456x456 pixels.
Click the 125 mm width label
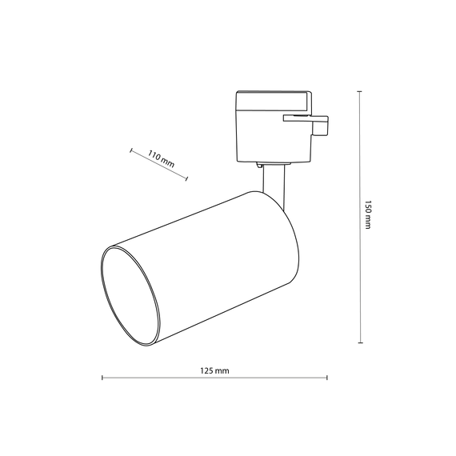click(215, 371)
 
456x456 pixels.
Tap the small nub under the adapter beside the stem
click(260, 165)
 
